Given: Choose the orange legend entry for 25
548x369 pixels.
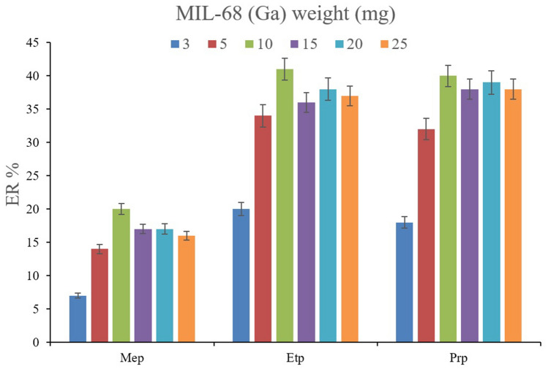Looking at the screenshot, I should coord(391,43).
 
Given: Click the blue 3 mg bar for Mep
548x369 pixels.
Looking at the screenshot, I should coord(78,319).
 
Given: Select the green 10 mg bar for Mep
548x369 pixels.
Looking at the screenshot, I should coord(121,275).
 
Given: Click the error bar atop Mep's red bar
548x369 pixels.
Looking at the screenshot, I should coord(100,249).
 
